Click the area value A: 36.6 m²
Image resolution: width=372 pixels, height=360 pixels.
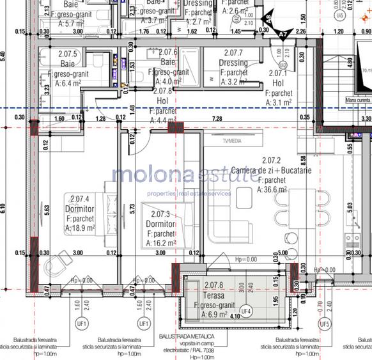pyautogui.click(x=271, y=189)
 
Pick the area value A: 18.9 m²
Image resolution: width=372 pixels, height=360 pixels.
pyautogui.click(x=81, y=227)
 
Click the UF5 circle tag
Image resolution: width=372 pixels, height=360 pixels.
pyautogui.click(x=325, y=323)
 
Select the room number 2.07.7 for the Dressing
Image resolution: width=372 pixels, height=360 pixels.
pyautogui.click(x=232, y=52)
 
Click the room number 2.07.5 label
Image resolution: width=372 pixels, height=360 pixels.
pyautogui.click(x=67, y=54)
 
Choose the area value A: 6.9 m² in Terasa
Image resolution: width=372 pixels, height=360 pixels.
pyautogui.click(x=215, y=315)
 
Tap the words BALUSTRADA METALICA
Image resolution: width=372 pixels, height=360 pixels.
pyautogui.click(x=187, y=336)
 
